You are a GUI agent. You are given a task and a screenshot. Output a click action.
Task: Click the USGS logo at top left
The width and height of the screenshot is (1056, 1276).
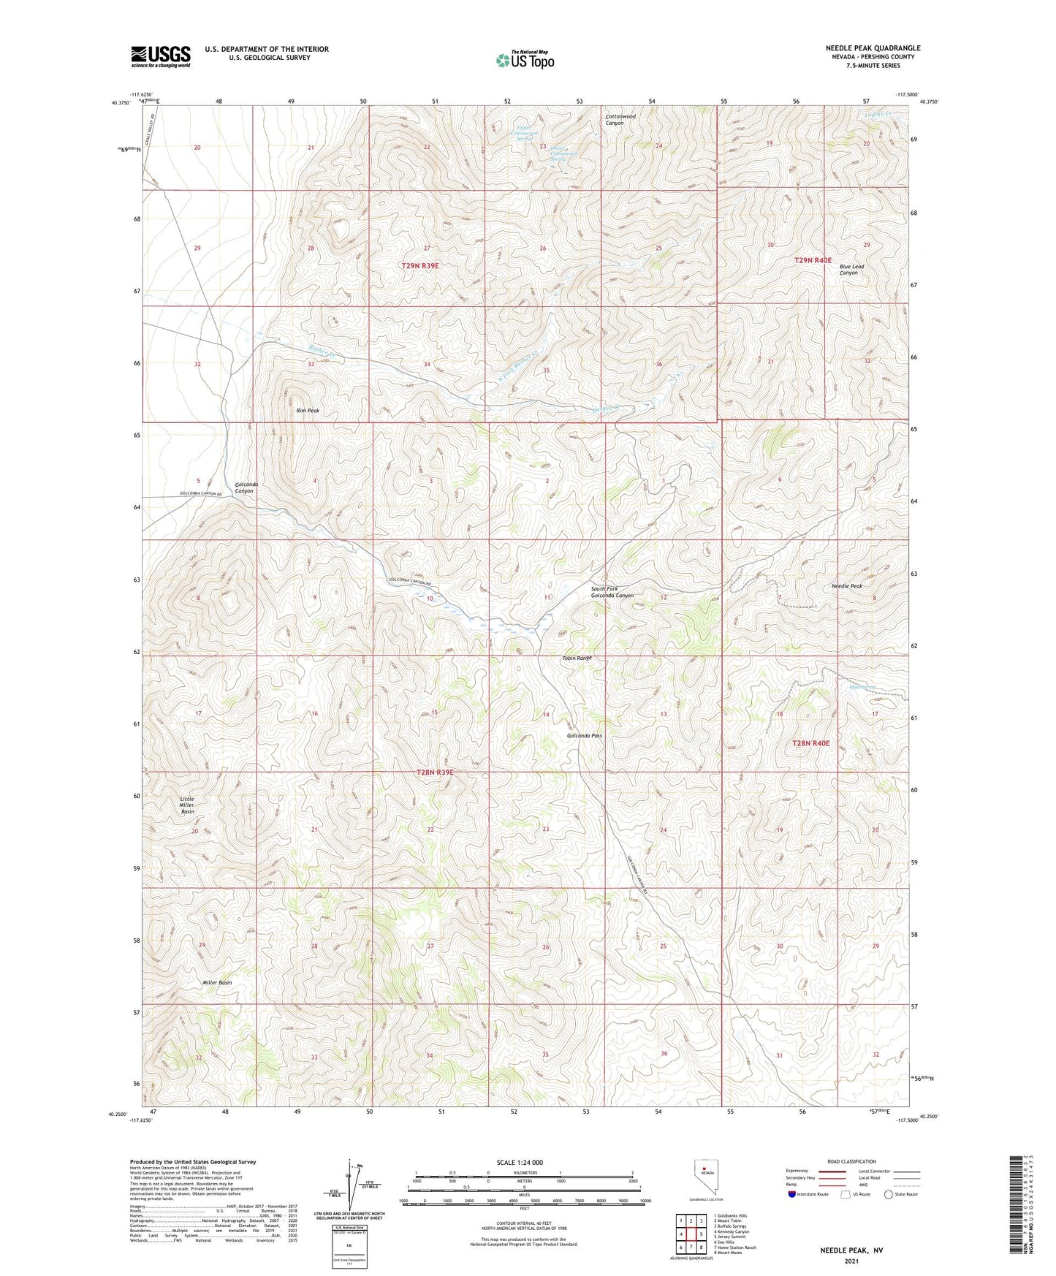[161, 56]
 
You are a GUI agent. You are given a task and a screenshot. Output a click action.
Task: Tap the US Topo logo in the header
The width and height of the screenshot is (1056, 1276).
[525, 60]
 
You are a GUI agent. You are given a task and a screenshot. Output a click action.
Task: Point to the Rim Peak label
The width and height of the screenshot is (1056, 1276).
[308, 411]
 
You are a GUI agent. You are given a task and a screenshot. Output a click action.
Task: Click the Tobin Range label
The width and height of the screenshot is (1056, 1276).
[576, 658]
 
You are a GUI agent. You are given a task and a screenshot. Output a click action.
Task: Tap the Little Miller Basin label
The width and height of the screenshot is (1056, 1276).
[188, 805]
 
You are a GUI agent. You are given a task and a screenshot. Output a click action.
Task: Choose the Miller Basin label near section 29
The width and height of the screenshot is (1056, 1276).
[217, 983]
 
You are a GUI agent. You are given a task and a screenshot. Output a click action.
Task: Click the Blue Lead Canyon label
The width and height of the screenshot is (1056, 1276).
[851, 270]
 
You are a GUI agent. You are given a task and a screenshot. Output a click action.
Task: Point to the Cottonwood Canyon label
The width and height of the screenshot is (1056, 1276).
[620, 120]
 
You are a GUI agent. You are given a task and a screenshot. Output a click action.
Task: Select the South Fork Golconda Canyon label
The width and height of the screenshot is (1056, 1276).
[612, 592]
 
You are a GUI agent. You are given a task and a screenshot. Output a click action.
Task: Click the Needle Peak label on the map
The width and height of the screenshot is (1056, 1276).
[846, 586]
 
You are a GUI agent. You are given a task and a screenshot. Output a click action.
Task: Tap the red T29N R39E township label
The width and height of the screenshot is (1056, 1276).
[420, 266]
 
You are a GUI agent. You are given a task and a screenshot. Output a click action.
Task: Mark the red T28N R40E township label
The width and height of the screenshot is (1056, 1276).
[811, 743]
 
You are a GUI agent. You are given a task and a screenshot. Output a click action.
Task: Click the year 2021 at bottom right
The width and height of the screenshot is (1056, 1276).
[851, 1261]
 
